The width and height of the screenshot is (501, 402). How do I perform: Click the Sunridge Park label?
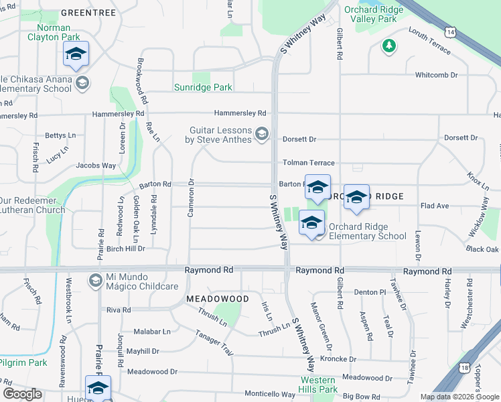click(x=203, y=88)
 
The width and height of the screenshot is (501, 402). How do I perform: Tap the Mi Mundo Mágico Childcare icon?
click(x=95, y=279)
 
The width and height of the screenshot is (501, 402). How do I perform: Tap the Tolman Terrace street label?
click(x=308, y=163)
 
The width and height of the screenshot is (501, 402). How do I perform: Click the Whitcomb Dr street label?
click(x=436, y=75)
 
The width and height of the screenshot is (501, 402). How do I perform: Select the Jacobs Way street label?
click(x=96, y=165)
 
